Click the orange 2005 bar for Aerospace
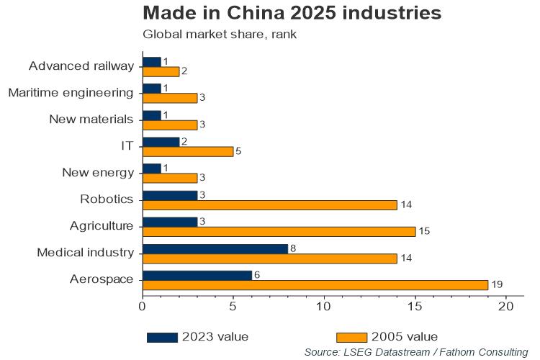coord(315,285)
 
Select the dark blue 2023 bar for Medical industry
coord(215,248)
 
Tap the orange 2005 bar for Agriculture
coord(279,231)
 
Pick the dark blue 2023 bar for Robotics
coord(170,195)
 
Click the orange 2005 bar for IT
coord(188,151)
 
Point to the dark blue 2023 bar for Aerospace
coord(197,275)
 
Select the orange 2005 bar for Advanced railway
coord(161,71)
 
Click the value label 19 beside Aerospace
coord(496,286)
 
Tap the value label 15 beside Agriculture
coord(423,232)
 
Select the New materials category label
coord(91,119)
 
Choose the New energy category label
coord(98,172)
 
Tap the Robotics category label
coord(108,199)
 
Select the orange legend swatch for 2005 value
coord(351,337)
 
